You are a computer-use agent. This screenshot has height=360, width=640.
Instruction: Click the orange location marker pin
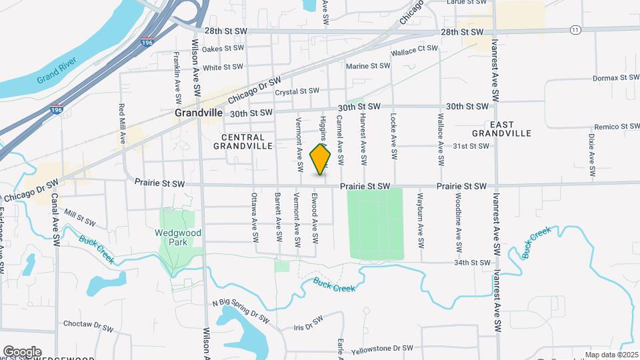click(x=321, y=159)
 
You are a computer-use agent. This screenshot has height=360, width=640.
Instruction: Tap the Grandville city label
click(x=198, y=113)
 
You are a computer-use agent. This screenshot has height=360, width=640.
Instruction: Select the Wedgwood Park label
click(x=177, y=238)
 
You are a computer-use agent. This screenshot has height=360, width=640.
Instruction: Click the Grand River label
click(x=57, y=71)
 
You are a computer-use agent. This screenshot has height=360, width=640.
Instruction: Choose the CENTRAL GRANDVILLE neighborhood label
click(x=243, y=141)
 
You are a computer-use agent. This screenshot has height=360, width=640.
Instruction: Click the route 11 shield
click(x=575, y=30)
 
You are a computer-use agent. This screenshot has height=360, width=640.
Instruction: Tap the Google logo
click(x=22, y=351)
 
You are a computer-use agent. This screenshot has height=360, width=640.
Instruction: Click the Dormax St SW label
click(x=615, y=78)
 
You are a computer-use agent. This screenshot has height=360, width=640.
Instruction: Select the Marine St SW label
click(x=367, y=66)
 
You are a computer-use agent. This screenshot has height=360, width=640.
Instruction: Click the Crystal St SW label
click(x=297, y=91)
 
